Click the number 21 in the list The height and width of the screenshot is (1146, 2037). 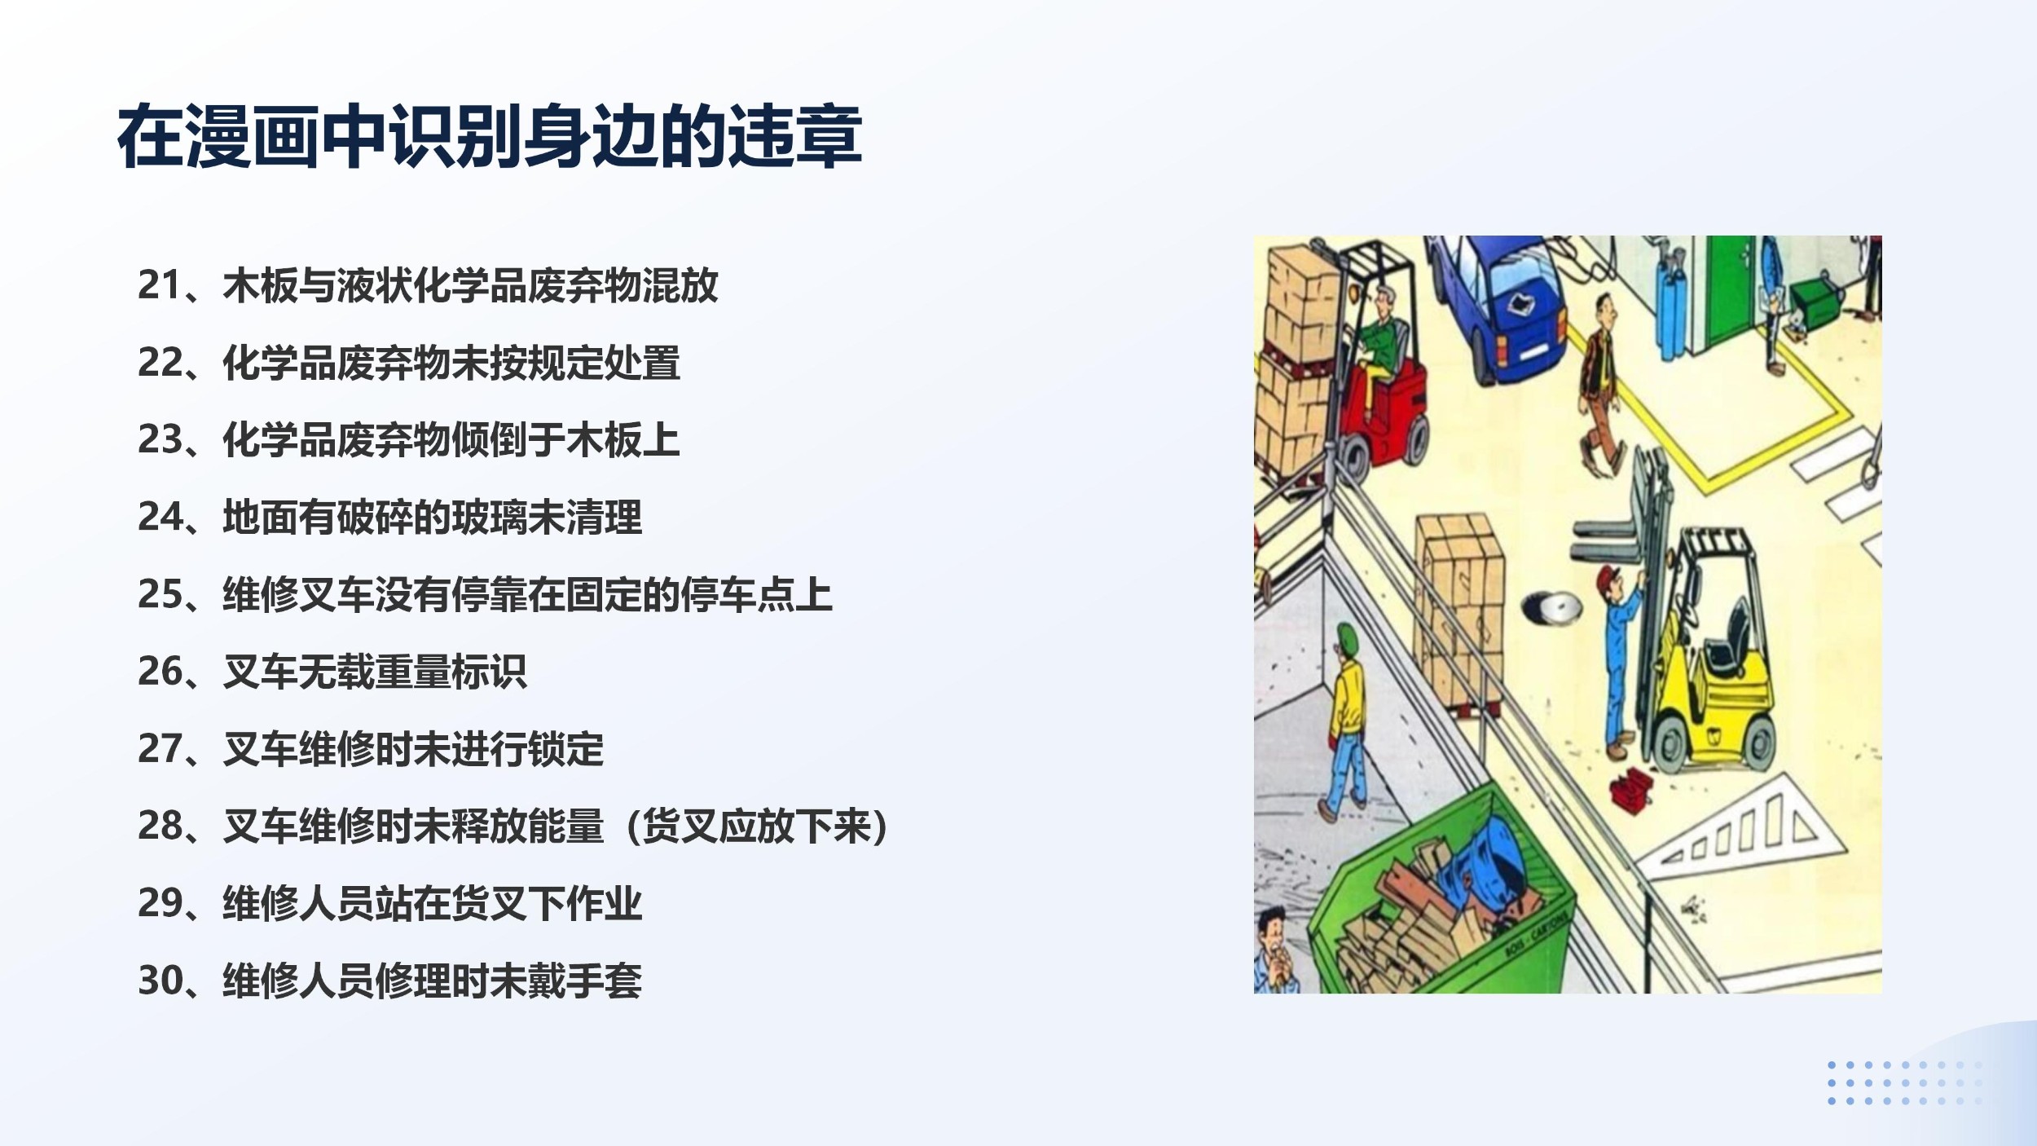click(159, 284)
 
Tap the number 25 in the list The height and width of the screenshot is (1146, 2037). click(159, 593)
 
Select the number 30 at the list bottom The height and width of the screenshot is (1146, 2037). click(160, 980)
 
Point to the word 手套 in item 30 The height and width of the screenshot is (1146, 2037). click(604, 980)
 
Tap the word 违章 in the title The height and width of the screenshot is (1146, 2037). click(794, 136)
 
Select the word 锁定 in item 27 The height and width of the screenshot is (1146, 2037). click(565, 748)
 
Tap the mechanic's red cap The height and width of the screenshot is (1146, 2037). click(1607, 576)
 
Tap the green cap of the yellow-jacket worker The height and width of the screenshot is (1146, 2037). click(1348, 637)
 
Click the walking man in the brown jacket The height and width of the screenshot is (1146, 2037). click(1601, 383)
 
